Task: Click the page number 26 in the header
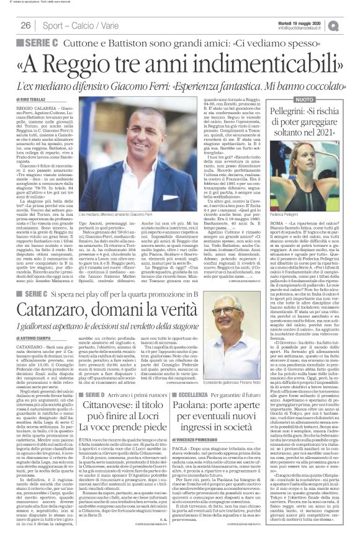(25, 25)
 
